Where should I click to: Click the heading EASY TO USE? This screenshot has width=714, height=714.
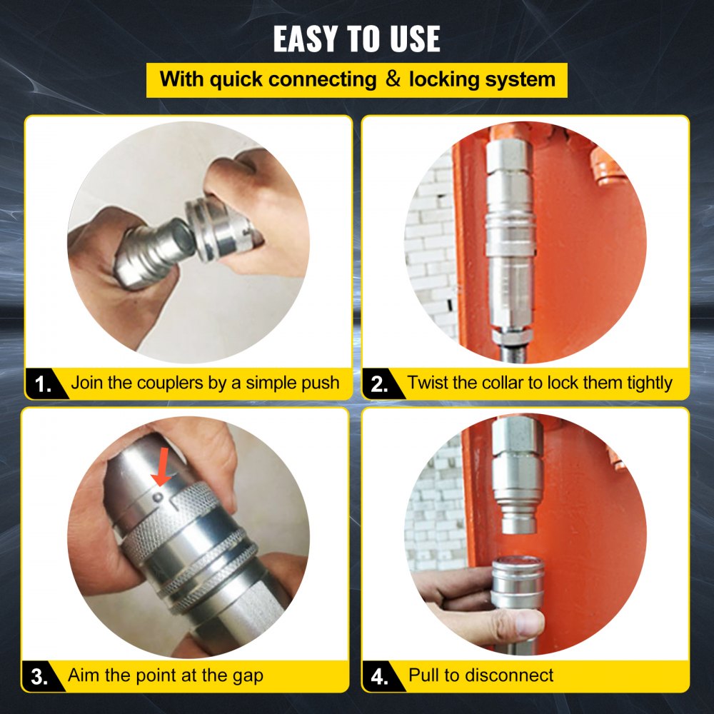pyautogui.click(x=356, y=39)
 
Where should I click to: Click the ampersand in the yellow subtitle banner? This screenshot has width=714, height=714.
pyautogui.click(x=393, y=79)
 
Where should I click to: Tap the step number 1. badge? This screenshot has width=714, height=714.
pyautogui.click(x=44, y=385)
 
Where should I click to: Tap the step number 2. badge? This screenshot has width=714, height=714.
pyautogui.click(x=380, y=385)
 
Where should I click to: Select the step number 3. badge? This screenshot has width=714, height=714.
pyautogui.click(x=41, y=676)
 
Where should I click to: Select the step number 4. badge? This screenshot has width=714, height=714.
pyautogui.click(x=380, y=676)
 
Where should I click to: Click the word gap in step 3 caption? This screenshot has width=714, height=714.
pyautogui.click(x=245, y=675)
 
